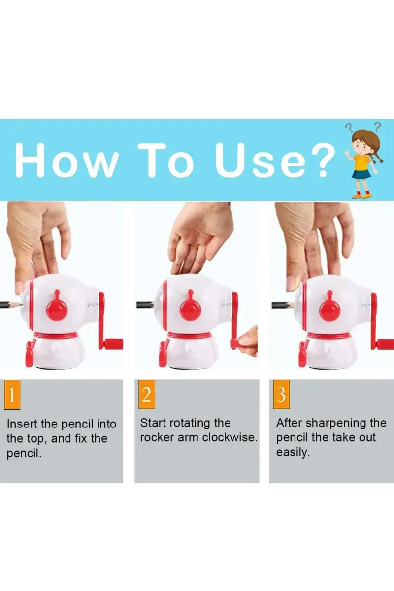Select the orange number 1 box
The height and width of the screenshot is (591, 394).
pos(12,394)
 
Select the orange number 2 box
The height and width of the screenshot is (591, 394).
pos(147,394)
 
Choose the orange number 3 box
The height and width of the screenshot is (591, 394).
pos(281,394)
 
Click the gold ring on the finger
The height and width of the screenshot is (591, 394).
pos(195,247)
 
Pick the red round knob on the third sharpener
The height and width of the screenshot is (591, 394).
pos(330,309)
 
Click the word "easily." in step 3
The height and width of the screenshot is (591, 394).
pos(293,453)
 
